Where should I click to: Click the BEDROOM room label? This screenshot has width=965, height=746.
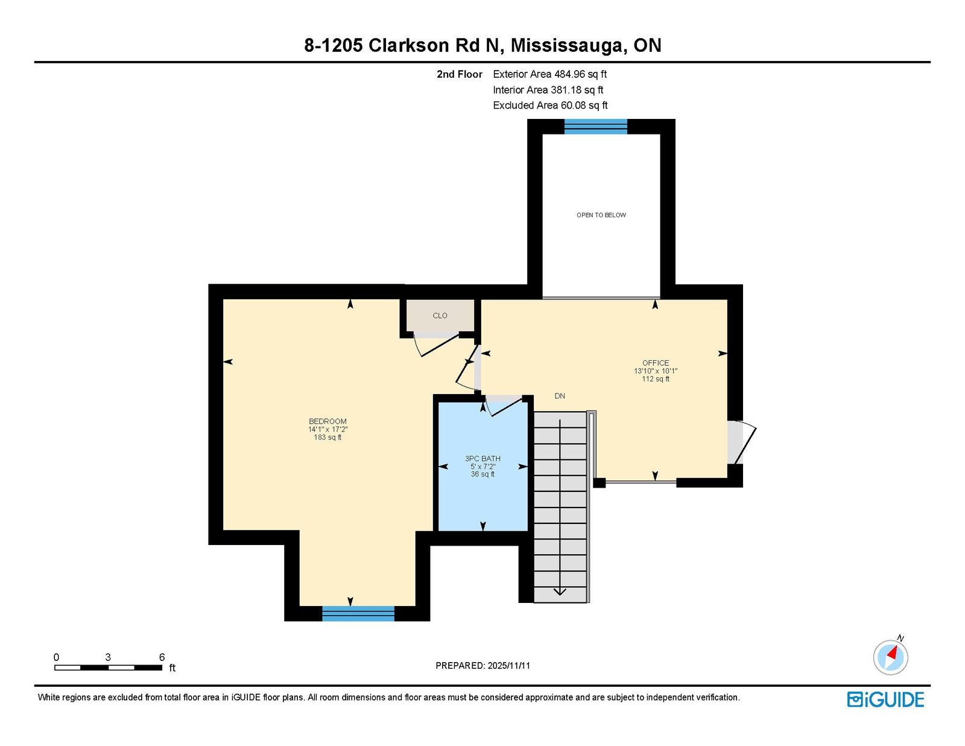(x=327, y=421)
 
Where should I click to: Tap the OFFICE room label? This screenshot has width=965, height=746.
(x=656, y=363)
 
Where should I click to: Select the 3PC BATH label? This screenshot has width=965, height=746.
(x=482, y=459)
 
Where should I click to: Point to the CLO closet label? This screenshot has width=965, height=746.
(x=440, y=316)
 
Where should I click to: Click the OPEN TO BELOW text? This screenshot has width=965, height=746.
(x=601, y=215)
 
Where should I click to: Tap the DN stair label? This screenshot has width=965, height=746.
(x=560, y=396)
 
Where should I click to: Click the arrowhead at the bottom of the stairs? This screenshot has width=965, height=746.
(x=560, y=592)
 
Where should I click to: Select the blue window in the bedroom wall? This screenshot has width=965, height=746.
(x=358, y=614)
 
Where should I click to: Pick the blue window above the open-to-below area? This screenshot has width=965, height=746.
(x=595, y=127)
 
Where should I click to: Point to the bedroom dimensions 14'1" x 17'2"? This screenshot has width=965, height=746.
(x=327, y=429)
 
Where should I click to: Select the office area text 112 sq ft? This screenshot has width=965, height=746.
(x=656, y=379)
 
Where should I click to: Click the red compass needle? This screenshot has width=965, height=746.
(x=892, y=652)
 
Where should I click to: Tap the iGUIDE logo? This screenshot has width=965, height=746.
(x=885, y=700)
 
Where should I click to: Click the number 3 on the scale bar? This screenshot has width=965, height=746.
(x=108, y=657)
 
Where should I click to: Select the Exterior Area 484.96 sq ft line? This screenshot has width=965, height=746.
(x=550, y=74)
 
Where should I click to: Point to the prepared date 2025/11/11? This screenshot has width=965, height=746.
(x=509, y=666)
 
